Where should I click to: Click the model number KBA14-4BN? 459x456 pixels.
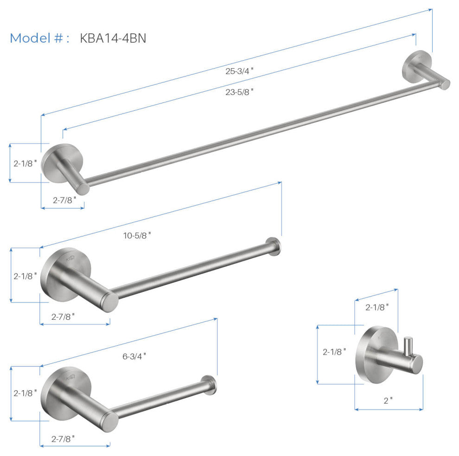(113, 38)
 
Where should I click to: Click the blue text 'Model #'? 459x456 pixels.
(36, 38)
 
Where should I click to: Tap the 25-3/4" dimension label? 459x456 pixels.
(239, 71)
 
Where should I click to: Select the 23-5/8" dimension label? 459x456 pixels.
(239, 92)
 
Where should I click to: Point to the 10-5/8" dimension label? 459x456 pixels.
(137, 235)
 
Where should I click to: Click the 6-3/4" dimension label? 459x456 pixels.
(134, 356)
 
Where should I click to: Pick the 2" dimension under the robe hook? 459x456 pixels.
(388, 400)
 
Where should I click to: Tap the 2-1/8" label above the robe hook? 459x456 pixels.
(377, 307)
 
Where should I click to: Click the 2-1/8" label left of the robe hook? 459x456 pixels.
(334, 352)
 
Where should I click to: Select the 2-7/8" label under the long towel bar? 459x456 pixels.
(64, 200)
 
